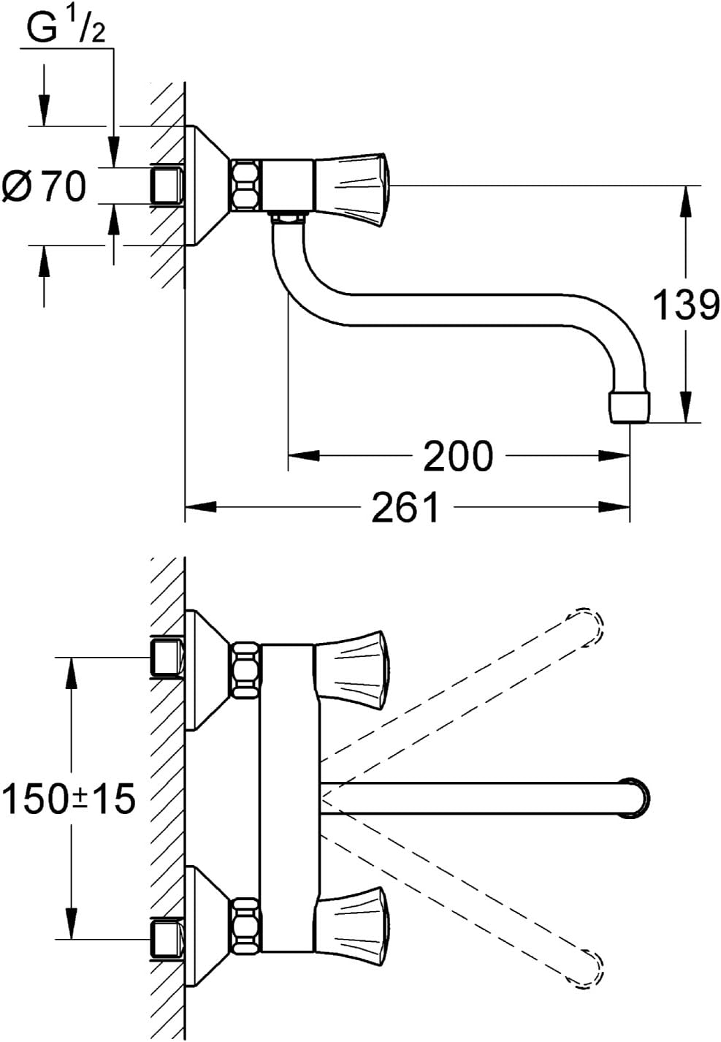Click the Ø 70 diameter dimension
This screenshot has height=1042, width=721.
[x=44, y=186]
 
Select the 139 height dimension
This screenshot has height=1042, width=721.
[x=685, y=305]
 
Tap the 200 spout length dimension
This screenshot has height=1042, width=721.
[x=459, y=456]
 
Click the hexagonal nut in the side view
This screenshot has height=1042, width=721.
[x=245, y=187]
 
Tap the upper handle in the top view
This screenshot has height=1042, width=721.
[x=352, y=669]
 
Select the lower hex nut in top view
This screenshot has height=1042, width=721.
[x=245, y=927]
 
